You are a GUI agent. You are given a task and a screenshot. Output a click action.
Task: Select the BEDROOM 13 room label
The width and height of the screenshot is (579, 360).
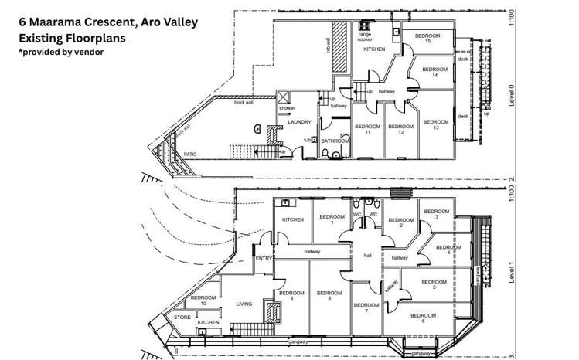coord(436,124)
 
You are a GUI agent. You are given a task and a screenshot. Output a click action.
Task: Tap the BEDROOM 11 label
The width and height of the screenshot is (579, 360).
coord(367,129)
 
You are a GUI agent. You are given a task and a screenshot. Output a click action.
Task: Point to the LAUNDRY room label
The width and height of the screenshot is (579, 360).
coord(299,122)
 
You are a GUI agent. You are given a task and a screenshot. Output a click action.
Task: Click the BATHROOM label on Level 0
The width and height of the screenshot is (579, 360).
coord(335,141)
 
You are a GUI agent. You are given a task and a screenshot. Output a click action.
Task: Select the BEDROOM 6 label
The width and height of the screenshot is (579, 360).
coord(422,318)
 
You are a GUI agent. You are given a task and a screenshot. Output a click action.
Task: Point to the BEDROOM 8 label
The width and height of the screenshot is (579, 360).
coord(329,296)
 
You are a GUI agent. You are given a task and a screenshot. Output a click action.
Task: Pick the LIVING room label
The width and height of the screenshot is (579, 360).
coord(244,304)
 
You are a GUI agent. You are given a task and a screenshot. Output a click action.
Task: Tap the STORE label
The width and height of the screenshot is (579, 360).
coord(182,317)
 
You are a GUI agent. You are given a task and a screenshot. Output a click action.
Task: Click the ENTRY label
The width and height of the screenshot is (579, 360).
coord(264,259)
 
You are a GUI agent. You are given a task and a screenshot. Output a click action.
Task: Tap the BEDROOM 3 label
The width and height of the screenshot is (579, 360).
coord(436,214)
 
